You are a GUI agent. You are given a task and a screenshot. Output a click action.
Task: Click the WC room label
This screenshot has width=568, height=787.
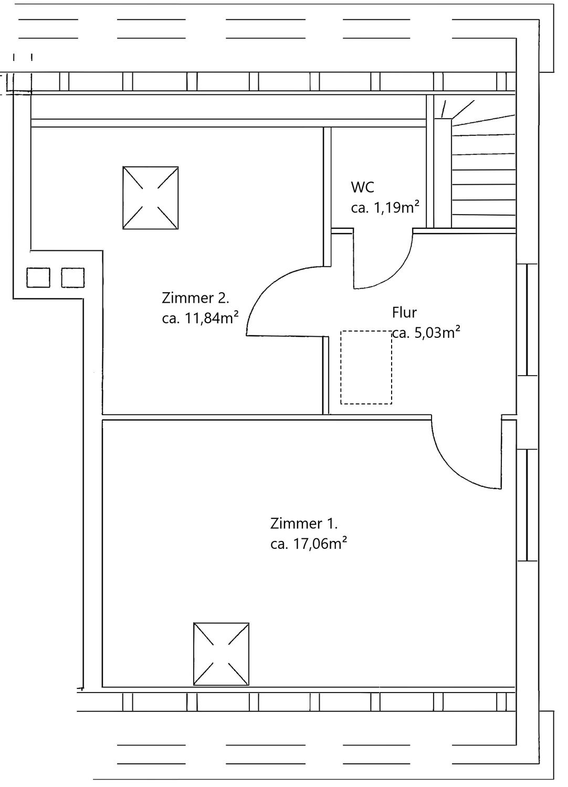(x=362, y=187)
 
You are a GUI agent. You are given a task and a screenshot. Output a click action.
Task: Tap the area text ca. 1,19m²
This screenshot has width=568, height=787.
(x=385, y=208)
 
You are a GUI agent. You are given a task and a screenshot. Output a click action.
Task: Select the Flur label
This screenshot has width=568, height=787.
(x=404, y=313)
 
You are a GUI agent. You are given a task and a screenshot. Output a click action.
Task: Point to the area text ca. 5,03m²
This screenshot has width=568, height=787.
(x=427, y=333)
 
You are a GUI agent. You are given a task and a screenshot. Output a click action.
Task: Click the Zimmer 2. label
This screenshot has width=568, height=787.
(x=195, y=298)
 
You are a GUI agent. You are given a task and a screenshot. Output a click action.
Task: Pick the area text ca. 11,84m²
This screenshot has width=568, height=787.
(x=201, y=318)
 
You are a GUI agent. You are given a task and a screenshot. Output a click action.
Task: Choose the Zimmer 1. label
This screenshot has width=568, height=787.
(x=304, y=523)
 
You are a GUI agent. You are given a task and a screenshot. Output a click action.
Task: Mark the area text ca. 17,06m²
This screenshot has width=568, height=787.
(x=309, y=544)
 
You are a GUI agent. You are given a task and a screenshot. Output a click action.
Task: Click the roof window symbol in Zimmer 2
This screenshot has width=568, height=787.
(x=151, y=198)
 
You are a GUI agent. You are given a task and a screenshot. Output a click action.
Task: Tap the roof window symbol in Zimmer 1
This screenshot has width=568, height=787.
(x=221, y=654)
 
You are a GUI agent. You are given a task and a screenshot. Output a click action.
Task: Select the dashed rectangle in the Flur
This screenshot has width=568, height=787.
(x=366, y=367)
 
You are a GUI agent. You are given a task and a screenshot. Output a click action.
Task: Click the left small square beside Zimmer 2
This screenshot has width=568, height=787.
(x=38, y=278)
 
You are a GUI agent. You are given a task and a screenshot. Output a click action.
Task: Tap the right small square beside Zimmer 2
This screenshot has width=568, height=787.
(x=73, y=278)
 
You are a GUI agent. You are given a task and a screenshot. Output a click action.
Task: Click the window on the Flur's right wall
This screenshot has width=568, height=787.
(x=527, y=320)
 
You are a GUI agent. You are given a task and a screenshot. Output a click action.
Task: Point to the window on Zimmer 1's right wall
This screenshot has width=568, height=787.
(x=527, y=505)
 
